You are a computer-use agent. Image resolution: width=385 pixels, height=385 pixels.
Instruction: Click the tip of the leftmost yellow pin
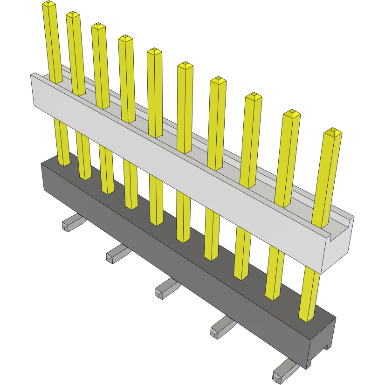(48, 4)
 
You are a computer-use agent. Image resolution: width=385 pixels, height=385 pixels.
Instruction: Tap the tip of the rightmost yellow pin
(333, 132)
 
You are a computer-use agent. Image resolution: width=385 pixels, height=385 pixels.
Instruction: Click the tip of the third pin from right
(254, 96)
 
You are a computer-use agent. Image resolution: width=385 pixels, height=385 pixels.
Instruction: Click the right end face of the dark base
(322, 343)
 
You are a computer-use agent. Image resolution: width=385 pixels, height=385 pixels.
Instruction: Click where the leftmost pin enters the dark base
(64, 164)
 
